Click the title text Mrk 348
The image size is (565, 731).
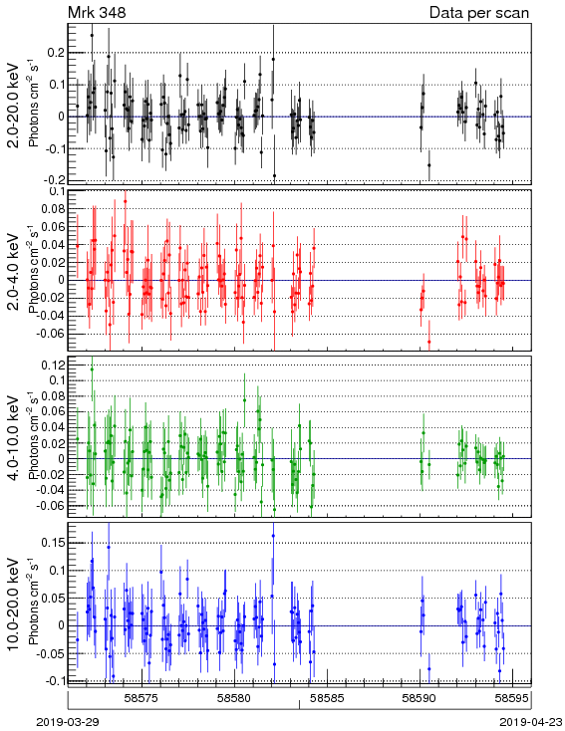pos(97,12)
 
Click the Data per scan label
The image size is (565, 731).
pos(479,13)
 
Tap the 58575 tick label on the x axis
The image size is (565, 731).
pos(142,698)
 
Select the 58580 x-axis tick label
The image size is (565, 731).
pos(235,698)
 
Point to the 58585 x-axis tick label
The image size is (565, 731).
pos(328,698)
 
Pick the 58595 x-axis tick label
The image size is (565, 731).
pos(512,698)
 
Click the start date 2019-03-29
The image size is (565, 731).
pos(68,722)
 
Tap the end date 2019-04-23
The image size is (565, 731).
pos(531,722)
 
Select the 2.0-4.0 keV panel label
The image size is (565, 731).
pos(14,271)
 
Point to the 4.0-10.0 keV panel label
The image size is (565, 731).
pos(14,437)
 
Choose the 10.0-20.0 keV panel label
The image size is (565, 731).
pos(14,605)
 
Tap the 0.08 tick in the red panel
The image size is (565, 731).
pos(53,209)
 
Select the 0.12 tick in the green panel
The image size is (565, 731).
pos(53,365)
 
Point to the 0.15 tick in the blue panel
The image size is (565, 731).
pos(53,543)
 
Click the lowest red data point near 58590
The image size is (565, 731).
pos(429,342)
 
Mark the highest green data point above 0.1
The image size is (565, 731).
pos(92,369)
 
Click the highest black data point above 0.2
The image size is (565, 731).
pos(92,35)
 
